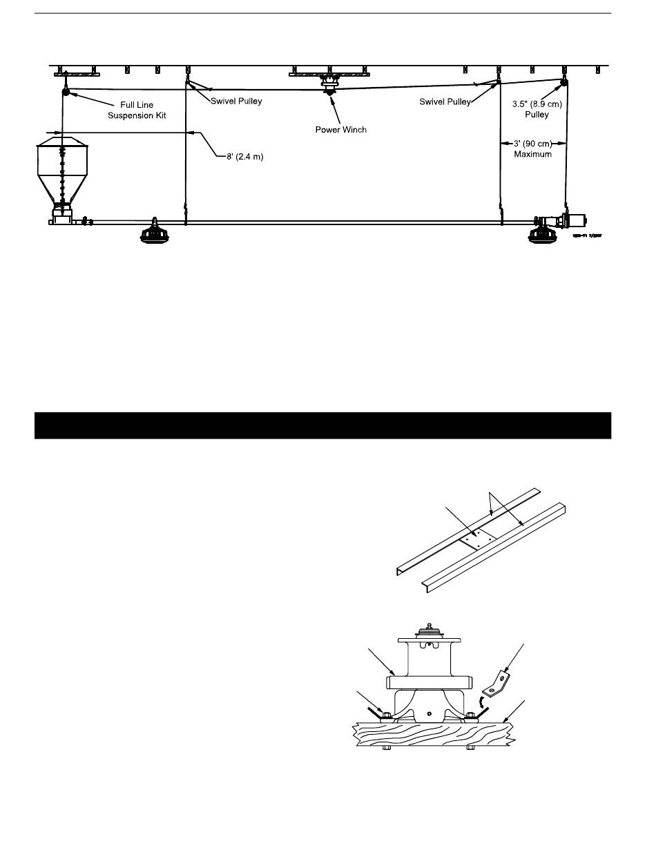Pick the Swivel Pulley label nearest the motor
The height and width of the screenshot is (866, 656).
pyautogui.click(x=445, y=102)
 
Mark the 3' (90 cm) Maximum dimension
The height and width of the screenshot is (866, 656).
pyautogui.click(x=533, y=148)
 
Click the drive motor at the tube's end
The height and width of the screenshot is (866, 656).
pyautogui.click(x=575, y=221)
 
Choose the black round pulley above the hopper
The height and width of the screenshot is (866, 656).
pyautogui.click(x=66, y=92)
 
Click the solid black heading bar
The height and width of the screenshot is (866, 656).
pyautogui.click(x=322, y=425)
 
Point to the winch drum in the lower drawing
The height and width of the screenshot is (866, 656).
pyautogui.click(x=429, y=659)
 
